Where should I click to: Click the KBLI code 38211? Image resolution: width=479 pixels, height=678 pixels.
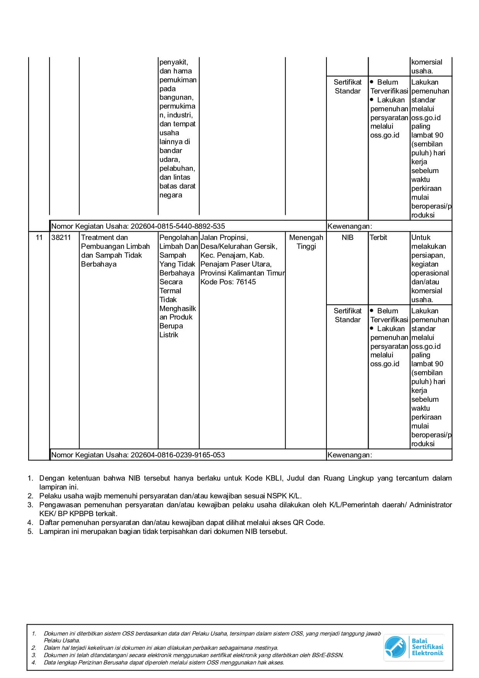[x=61, y=238]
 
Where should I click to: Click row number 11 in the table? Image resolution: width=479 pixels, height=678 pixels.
[x=39, y=238]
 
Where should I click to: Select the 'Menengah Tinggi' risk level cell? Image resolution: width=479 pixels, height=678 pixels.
[x=306, y=242]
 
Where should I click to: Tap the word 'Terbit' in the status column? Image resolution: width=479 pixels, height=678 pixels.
[x=378, y=238]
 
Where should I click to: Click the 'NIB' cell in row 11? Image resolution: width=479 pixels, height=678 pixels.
[x=347, y=238]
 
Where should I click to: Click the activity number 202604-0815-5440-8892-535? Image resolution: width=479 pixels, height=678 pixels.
[x=178, y=226]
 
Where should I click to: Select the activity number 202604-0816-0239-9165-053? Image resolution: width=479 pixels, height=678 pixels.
[x=178, y=455]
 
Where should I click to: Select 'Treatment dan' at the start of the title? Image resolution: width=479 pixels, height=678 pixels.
[x=104, y=238]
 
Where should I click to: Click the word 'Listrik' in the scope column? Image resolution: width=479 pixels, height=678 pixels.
[x=169, y=335]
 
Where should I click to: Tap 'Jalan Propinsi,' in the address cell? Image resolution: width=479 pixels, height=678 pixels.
[x=224, y=238]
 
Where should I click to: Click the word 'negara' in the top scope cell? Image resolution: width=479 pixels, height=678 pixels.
[x=171, y=195]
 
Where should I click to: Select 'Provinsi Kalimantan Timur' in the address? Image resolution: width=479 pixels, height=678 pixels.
[x=242, y=273]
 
